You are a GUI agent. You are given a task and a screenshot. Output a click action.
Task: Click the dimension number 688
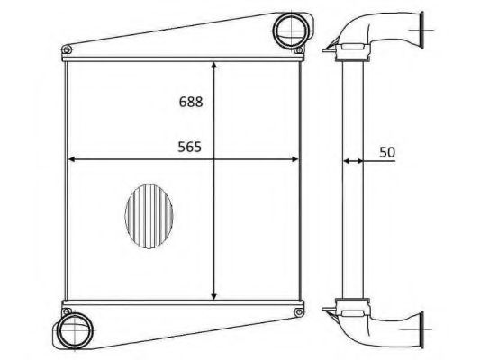191,102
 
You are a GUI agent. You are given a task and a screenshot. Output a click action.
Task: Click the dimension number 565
190,147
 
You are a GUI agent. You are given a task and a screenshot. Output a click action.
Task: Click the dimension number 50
387,152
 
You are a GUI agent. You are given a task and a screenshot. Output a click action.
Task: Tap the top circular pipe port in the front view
291,31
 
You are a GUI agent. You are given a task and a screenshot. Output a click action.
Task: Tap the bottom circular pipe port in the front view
76,330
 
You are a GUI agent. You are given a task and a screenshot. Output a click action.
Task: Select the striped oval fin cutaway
149,216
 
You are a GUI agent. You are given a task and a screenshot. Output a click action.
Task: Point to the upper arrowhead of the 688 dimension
214,66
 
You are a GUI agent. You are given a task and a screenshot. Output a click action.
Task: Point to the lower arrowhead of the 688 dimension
214,296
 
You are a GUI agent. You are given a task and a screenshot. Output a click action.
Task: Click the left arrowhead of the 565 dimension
72,159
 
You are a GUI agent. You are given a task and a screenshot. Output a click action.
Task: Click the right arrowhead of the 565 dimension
294,159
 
